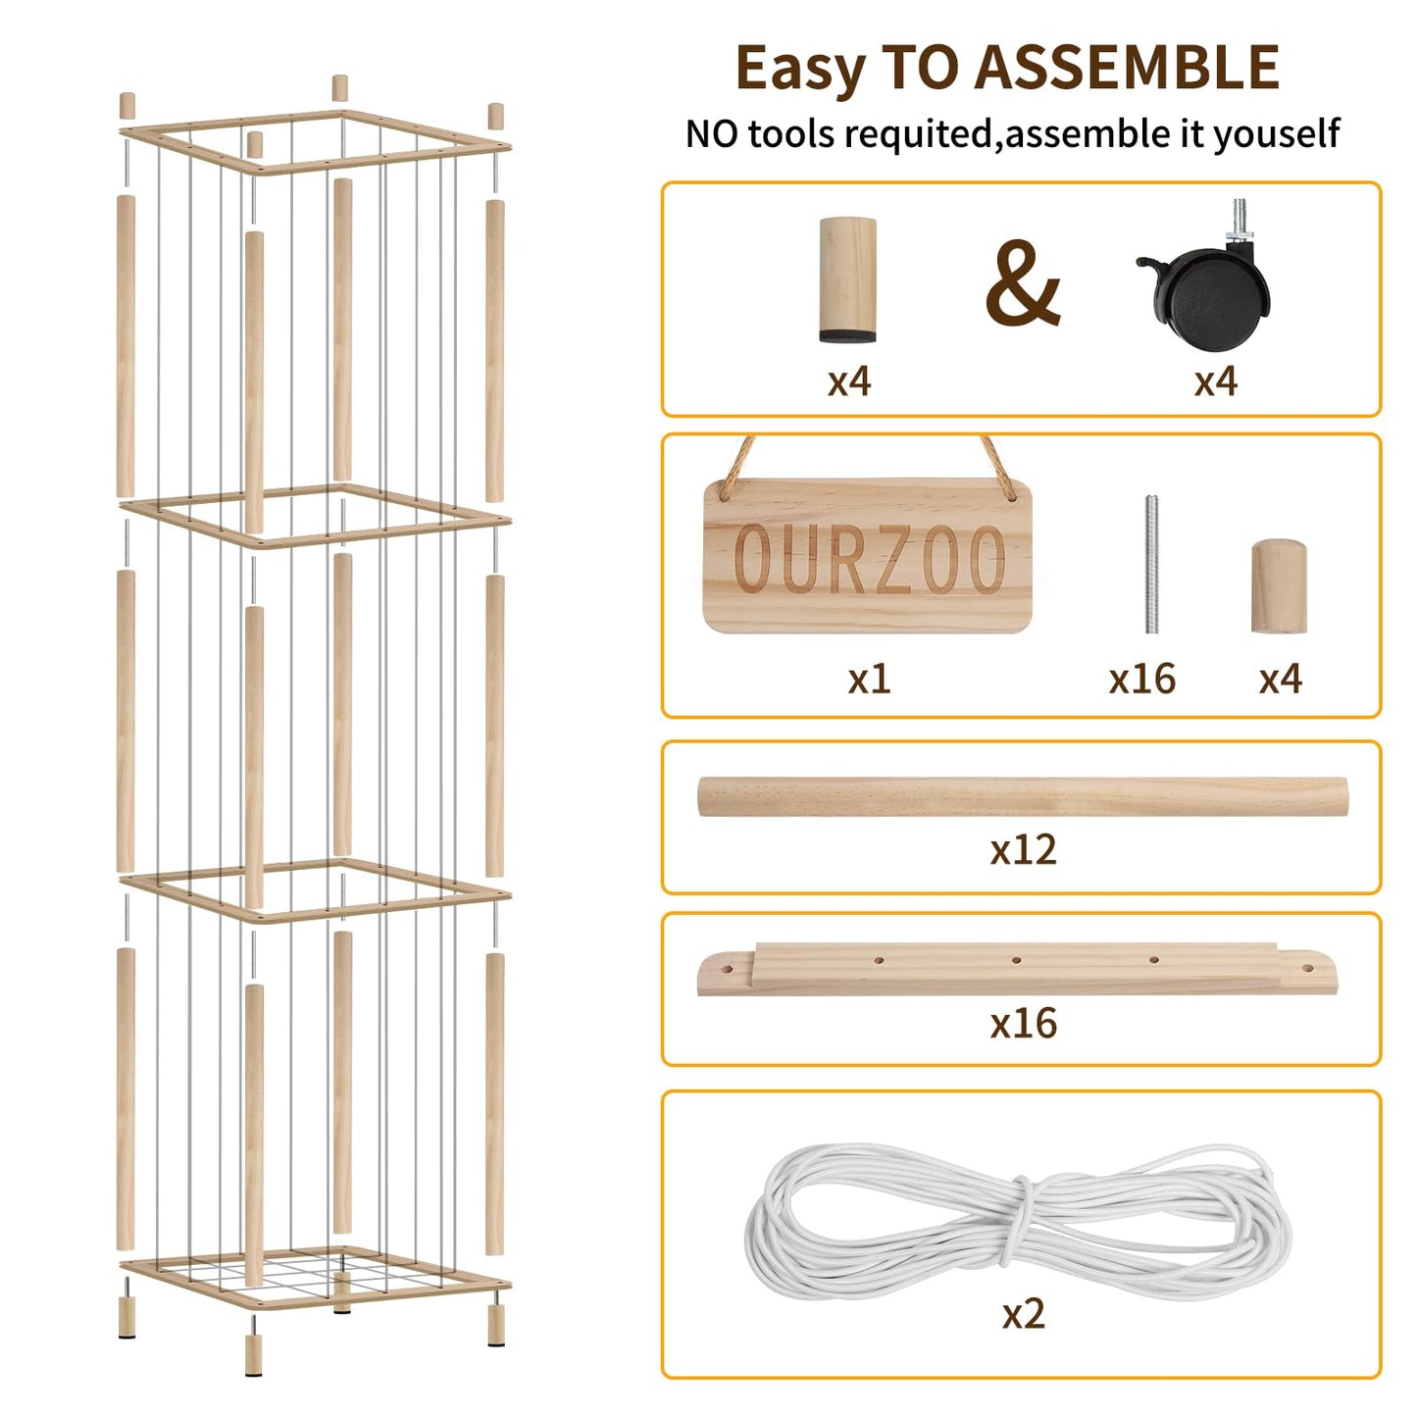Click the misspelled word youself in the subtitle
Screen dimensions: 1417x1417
(x=1275, y=134)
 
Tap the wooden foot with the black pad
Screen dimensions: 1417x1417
(x=848, y=279)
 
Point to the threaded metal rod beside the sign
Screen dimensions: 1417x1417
(x=1151, y=565)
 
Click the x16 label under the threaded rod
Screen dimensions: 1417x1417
(x=1142, y=678)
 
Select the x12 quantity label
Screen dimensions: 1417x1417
(x=1023, y=849)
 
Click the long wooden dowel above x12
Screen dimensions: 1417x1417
(x=1023, y=796)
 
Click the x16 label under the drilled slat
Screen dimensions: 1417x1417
(x=1024, y=1023)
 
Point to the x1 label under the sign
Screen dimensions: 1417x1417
(x=869, y=678)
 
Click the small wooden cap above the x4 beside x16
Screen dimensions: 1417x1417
(x=1280, y=586)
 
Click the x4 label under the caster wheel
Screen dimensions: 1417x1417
(x=1216, y=381)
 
